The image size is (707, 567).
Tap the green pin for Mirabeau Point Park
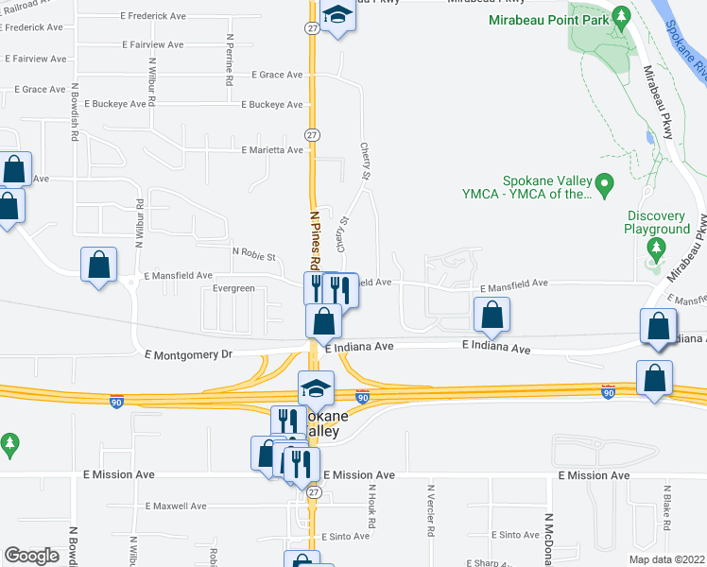pos(621,16)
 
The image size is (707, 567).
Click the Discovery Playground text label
pos(658,222)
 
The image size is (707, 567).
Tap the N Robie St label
pos(253,255)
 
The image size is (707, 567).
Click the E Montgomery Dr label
pos(188,353)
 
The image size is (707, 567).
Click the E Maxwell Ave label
pos(176,507)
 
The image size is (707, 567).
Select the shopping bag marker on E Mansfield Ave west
pos(99,264)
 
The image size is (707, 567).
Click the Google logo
pos(31,556)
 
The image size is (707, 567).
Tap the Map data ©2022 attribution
pos(667,559)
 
